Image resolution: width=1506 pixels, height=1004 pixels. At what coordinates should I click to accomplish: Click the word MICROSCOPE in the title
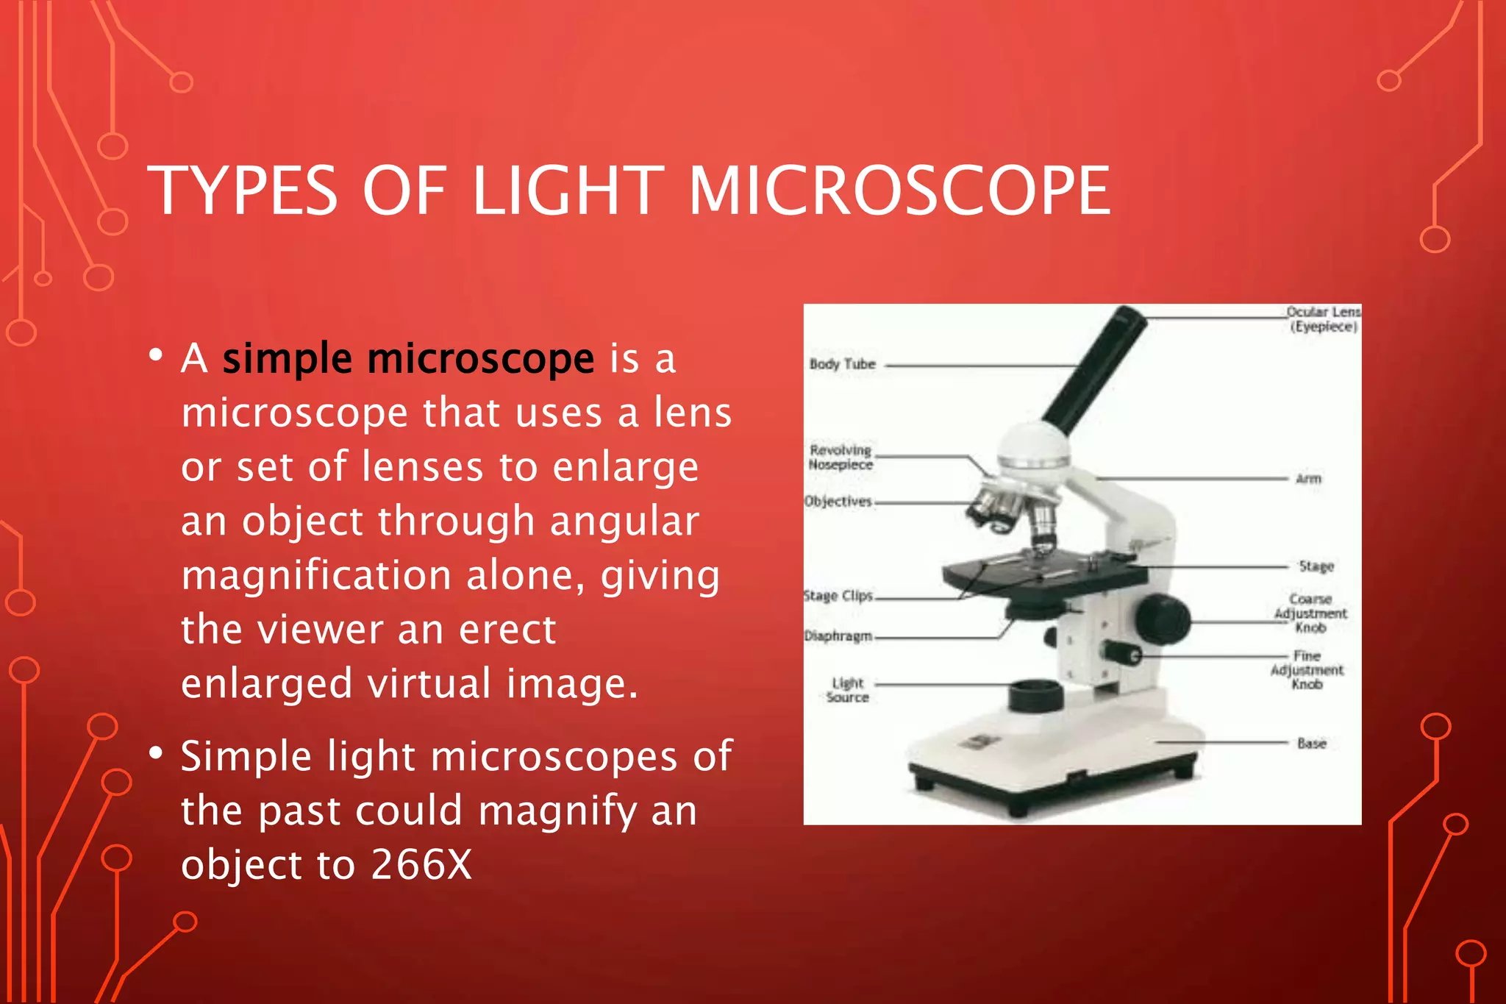pos(899,191)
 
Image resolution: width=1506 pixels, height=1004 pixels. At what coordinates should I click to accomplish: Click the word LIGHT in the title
pos(568,191)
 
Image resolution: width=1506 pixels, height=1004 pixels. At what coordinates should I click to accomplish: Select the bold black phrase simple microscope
pos(408,360)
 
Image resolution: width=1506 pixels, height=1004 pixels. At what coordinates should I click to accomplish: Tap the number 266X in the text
pos(421,864)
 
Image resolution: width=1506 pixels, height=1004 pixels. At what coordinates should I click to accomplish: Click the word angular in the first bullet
pos(624,521)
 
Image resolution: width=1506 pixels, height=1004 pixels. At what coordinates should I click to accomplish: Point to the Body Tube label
pos(842,364)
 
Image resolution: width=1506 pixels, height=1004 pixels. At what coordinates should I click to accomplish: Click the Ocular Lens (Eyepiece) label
pos(1323,319)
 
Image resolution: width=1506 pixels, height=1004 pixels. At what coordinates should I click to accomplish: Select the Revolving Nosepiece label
pos(841,458)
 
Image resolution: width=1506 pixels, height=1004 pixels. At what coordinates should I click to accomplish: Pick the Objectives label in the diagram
pos(838,502)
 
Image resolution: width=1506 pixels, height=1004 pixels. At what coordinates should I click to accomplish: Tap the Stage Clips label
pos(838,596)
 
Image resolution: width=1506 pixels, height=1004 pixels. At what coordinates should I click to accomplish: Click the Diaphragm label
pos(838,636)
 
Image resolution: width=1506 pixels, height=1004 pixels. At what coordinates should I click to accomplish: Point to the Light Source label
pos(847,690)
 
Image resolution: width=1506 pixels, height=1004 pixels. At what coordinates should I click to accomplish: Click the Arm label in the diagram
pos(1308,479)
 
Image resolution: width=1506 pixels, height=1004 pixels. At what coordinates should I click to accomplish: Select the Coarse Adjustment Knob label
pos(1310,613)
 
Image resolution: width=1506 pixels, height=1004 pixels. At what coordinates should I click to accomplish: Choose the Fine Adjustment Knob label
pos(1307,670)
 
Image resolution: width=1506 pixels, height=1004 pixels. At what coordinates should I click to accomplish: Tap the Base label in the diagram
pos(1311,744)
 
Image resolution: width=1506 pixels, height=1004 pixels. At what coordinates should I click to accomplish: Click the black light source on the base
pos(1035,695)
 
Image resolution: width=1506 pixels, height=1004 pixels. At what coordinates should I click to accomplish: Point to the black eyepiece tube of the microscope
pos(1096,368)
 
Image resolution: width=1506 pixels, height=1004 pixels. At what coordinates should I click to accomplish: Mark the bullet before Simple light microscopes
pos(155,754)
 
